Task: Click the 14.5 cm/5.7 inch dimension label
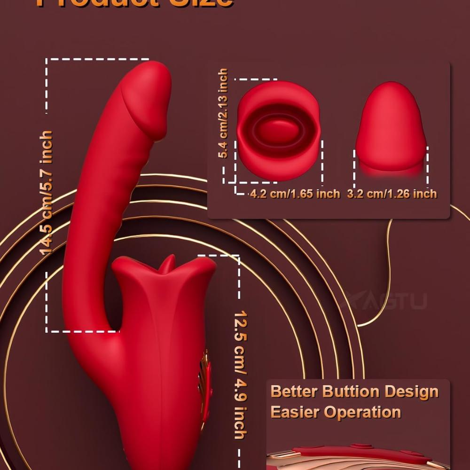click(47, 193)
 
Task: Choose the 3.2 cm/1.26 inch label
click(392, 194)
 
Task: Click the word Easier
click(295, 412)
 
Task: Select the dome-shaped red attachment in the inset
click(391, 129)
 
